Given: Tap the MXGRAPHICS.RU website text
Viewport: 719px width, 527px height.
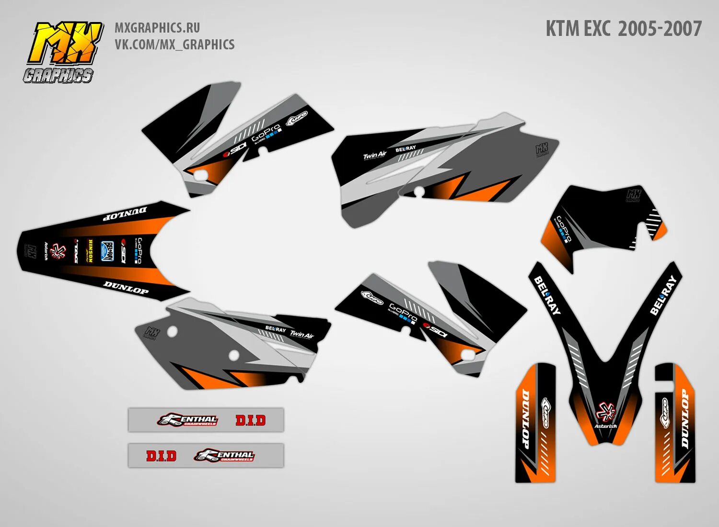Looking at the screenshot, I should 157,28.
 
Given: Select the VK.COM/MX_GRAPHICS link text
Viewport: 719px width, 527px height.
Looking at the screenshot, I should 174,45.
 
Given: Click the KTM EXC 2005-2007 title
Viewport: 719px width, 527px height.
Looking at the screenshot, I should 623,29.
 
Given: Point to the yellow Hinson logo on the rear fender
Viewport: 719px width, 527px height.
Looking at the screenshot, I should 90,251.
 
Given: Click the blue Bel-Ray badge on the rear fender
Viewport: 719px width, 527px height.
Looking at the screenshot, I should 107,251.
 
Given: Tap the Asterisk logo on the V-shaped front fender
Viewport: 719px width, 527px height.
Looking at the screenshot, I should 605,414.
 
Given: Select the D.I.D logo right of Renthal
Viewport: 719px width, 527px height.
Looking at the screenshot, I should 250,420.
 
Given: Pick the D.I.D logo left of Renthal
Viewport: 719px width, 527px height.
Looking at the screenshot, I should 161,456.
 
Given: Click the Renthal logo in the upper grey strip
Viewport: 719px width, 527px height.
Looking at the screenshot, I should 187,420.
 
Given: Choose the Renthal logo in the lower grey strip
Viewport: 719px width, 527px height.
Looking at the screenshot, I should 224,455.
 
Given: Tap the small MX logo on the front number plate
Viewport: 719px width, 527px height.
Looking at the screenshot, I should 634,195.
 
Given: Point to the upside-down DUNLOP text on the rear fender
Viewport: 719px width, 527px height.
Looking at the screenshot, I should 126,212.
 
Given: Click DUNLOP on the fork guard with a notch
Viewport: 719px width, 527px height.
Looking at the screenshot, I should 685,420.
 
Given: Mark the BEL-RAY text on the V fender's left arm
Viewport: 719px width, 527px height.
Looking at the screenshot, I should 547,295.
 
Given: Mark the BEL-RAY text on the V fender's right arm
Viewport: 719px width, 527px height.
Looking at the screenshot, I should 663,295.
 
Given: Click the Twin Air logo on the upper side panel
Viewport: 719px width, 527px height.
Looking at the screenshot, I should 374,155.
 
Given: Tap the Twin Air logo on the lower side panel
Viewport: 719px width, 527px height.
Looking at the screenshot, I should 302,334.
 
